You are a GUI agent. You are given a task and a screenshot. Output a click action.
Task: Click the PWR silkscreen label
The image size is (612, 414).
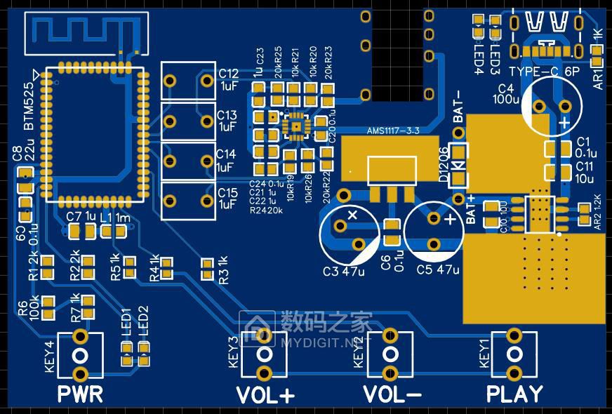(80, 394)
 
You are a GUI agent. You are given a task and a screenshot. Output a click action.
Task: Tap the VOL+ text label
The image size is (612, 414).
(265, 396)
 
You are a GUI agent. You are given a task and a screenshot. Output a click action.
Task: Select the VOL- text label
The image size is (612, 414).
(392, 395)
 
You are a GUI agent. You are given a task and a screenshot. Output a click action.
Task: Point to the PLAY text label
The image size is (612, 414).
(514, 394)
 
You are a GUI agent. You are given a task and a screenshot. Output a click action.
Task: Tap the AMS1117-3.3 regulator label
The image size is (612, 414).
(394, 131)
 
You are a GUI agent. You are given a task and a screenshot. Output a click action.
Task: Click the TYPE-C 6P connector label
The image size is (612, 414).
(545, 72)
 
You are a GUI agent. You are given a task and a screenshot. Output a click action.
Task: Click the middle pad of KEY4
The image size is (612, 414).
(80, 354)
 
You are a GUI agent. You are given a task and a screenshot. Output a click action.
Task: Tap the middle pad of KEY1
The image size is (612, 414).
(514, 352)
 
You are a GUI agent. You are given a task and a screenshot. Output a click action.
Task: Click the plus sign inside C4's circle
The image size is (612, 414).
(565, 121)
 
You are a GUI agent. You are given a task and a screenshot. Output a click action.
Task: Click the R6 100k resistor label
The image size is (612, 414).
(28, 308)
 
